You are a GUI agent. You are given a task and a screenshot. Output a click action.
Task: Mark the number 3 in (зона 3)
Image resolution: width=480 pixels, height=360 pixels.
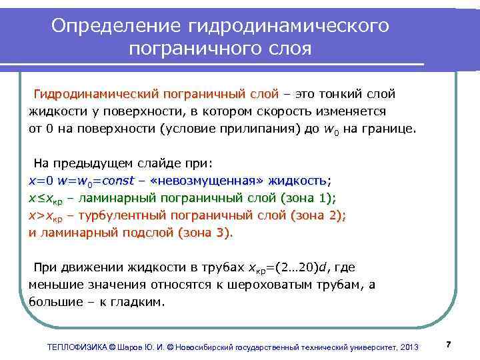225,233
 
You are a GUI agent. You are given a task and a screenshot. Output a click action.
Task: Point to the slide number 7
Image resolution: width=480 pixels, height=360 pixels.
449,344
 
